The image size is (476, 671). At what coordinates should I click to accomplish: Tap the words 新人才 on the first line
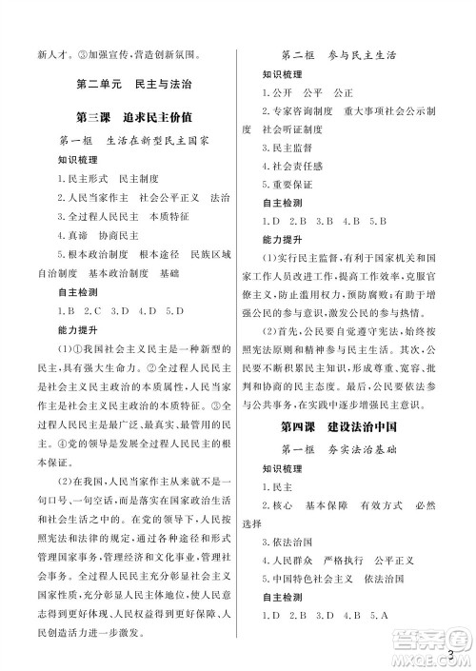tap(38, 54)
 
